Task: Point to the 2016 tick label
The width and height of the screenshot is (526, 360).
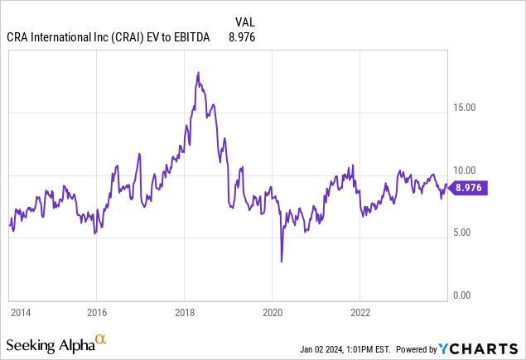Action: point(97,313)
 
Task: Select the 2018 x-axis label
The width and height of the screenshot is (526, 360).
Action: point(185,313)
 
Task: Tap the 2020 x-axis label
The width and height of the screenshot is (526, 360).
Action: point(273,313)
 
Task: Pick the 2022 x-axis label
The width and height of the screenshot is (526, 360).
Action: point(360,313)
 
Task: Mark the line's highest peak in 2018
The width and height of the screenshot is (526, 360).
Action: point(198,73)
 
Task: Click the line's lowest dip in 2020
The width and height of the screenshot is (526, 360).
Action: point(282,262)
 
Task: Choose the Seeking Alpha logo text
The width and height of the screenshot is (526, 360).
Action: point(49,343)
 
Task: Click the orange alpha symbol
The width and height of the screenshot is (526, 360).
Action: point(101,339)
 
